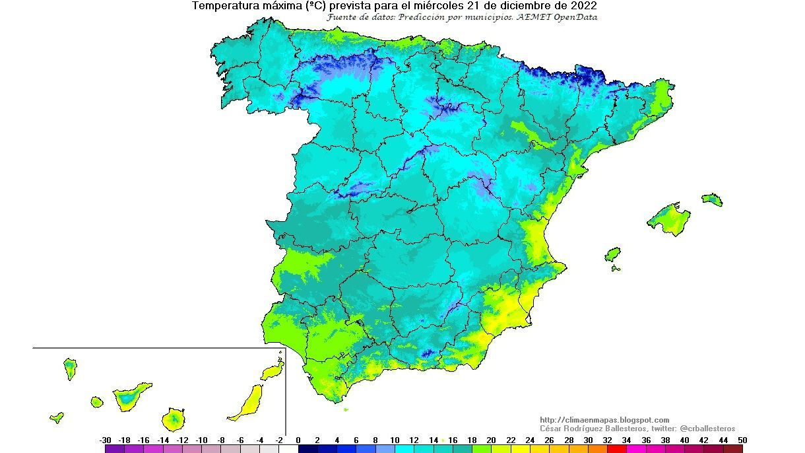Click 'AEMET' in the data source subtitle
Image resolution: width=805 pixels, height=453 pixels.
click(533, 17)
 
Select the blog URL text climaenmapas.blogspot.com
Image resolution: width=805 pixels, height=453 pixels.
click(604, 420)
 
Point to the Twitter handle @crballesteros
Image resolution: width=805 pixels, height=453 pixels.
click(707, 429)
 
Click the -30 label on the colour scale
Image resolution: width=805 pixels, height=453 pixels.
click(105, 440)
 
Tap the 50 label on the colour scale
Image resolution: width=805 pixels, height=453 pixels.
click(743, 440)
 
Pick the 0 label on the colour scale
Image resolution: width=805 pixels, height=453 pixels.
click(298, 440)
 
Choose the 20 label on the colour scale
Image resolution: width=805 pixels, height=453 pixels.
click(492, 440)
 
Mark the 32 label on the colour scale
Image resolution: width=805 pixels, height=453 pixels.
click(607, 440)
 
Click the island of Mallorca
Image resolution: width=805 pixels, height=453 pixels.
click(668, 219)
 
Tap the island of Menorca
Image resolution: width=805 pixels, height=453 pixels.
click(712, 199)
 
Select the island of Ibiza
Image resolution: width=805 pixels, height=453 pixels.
click(613, 254)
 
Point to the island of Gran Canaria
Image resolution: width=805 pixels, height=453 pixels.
click(173, 419)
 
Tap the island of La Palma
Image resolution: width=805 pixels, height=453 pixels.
click(70, 368)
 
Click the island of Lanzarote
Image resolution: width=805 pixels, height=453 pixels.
click(272, 372)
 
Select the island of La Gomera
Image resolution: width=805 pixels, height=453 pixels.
click(97, 401)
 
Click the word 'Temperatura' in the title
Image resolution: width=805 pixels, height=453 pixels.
click(224, 6)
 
